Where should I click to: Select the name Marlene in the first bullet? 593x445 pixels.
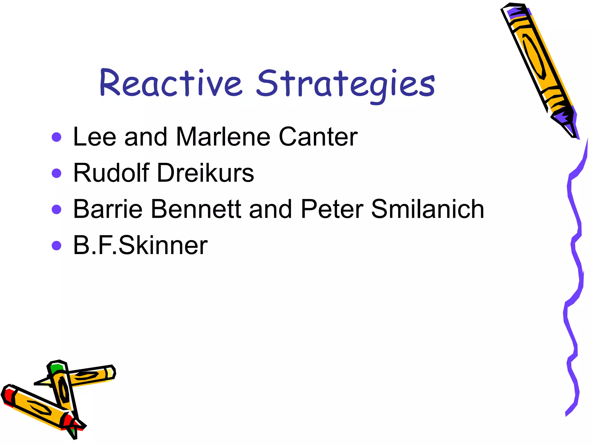pyautogui.click(x=223, y=137)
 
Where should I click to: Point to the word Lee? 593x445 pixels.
pyautogui.click(x=95, y=137)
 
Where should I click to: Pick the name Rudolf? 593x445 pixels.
pyautogui.click(x=111, y=173)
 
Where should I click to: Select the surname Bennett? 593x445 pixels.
pyautogui.click(x=196, y=209)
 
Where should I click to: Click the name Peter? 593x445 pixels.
pyautogui.click(x=332, y=209)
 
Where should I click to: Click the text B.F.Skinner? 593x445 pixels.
pyautogui.click(x=140, y=245)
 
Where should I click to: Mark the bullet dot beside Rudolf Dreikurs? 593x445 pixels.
pyautogui.click(x=56, y=173)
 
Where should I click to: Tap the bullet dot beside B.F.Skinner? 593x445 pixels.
pyautogui.click(x=56, y=246)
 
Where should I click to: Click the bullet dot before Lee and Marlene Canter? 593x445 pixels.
pyautogui.click(x=56, y=137)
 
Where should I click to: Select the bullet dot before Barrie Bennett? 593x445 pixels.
pyautogui.click(x=56, y=209)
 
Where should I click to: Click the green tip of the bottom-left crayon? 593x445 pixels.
pyautogui.click(x=57, y=369)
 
